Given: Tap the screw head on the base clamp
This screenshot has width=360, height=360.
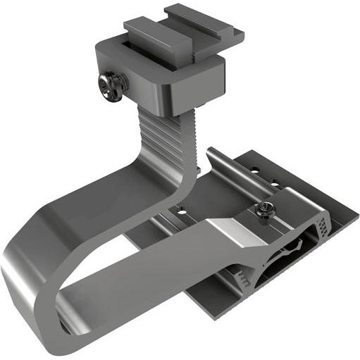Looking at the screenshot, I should [x=266, y=209].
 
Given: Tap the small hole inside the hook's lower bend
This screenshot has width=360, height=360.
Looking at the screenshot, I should [x=64, y=325].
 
